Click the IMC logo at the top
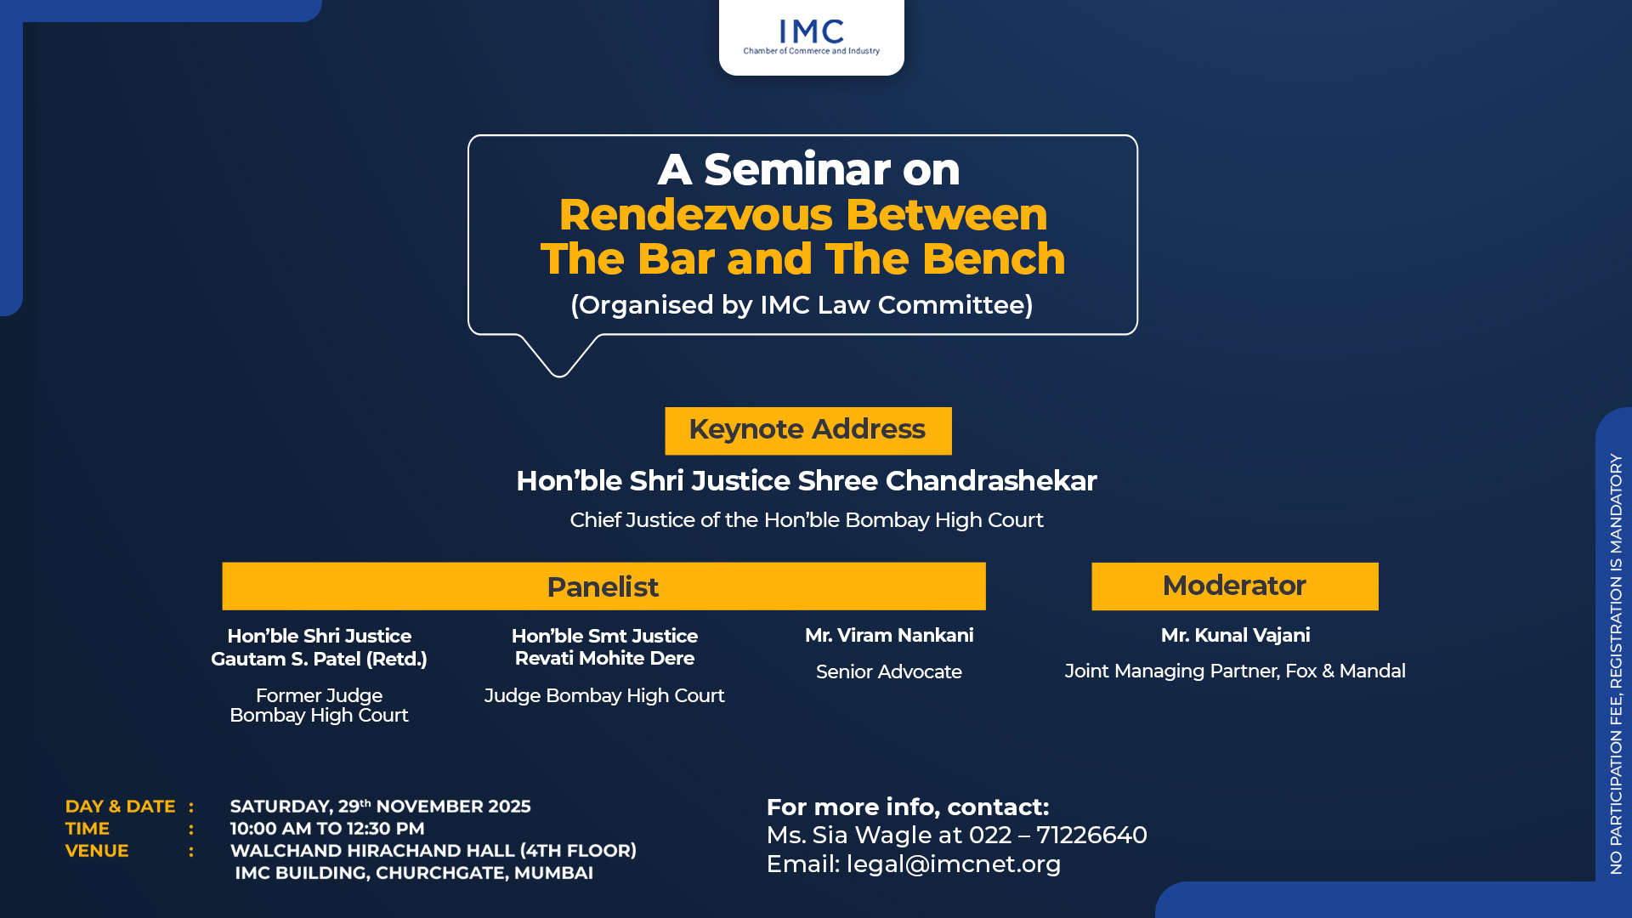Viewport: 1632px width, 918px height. (x=811, y=37)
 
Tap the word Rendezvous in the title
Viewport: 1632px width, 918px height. (x=696, y=214)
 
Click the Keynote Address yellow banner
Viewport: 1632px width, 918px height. (x=807, y=430)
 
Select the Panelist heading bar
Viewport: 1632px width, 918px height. (x=603, y=586)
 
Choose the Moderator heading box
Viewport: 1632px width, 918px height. (x=1234, y=586)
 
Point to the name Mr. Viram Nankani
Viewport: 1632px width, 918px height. (x=889, y=635)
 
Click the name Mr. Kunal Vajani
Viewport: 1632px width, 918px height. (x=1235, y=635)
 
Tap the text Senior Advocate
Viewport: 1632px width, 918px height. (x=889, y=671)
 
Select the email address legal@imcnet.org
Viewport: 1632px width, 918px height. (x=954, y=864)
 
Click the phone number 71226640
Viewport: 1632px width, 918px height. (x=1091, y=835)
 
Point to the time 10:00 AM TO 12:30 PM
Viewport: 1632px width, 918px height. (x=327, y=828)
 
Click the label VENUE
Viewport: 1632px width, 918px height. (x=97, y=850)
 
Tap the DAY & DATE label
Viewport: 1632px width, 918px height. (x=120, y=806)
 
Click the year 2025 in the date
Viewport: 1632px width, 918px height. (x=508, y=806)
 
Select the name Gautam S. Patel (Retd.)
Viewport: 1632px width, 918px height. (x=319, y=659)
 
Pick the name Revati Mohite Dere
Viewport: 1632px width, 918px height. (x=604, y=658)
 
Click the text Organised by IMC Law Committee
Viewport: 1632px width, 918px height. (x=802, y=304)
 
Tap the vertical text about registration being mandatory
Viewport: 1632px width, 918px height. (x=1616, y=664)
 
